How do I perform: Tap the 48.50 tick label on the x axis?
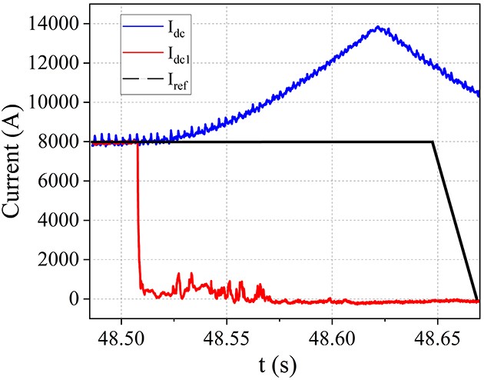(121, 335)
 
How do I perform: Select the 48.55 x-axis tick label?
(227, 335)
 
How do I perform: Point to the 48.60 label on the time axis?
(332, 335)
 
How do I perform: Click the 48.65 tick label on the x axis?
(437, 335)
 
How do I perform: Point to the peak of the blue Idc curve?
(377, 28)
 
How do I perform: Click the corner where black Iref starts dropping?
(433, 142)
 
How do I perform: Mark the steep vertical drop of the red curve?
(138, 215)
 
